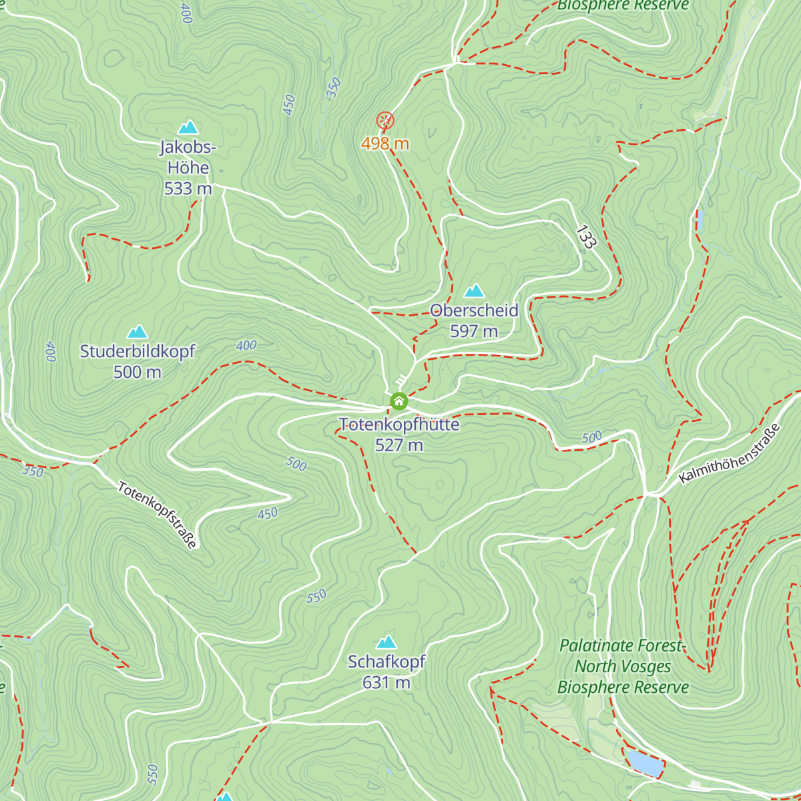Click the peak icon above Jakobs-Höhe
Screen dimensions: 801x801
[188, 127]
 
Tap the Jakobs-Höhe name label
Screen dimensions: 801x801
[188, 158]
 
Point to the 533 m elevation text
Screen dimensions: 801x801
[188, 189]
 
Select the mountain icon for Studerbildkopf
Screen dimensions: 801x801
[138, 332]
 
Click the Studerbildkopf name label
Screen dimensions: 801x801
[138, 351]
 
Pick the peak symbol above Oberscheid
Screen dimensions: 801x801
[474, 290]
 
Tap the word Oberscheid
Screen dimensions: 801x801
[474, 310]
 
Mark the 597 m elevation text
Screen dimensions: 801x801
[474, 331]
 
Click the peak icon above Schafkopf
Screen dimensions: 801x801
[386, 642]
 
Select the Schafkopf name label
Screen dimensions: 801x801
[386, 662]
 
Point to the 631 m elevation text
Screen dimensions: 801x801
[386, 683]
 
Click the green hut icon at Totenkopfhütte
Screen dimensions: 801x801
[399, 401]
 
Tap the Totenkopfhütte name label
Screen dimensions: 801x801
[399, 425]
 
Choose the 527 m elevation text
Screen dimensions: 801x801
[399, 445]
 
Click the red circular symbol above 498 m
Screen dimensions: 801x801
[385, 120]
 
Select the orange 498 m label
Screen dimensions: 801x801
[385, 144]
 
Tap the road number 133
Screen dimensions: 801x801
[585, 238]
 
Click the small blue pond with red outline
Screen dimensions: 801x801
[645, 763]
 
